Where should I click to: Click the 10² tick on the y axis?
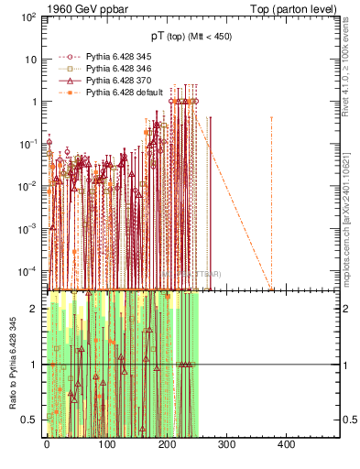pyautogui.click(x=27, y=17)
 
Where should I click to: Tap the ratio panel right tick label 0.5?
pyautogui.click(x=334, y=420)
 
